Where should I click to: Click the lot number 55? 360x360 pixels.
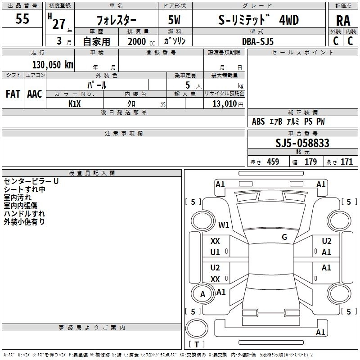click(x=22, y=19)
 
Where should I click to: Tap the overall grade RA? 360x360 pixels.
click(x=343, y=21)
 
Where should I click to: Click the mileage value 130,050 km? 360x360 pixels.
click(x=53, y=64)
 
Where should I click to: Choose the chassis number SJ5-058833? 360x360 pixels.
click(x=302, y=143)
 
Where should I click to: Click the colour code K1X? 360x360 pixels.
click(x=75, y=103)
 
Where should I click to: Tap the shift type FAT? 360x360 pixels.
click(x=13, y=94)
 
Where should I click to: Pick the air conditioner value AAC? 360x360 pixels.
click(x=34, y=94)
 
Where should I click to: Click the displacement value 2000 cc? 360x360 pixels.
click(x=137, y=41)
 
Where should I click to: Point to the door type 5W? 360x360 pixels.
click(x=175, y=20)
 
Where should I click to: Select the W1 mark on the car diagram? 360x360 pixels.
click(x=224, y=224)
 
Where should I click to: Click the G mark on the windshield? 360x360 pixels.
click(x=284, y=237)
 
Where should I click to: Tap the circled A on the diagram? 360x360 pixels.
click(x=202, y=294)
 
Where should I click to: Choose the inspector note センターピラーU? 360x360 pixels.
click(x=31, y=181)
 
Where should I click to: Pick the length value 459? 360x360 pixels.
click(x=273, y=162)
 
